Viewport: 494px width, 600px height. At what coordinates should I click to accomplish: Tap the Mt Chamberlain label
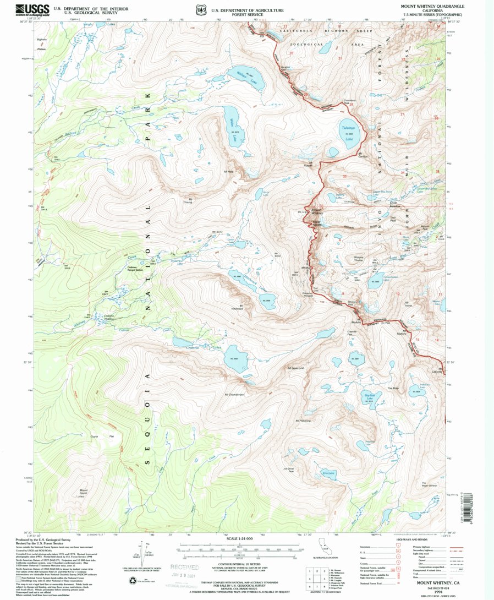click(x=234, y=394)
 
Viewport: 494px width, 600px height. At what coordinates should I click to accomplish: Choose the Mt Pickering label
click(x=304, y=421)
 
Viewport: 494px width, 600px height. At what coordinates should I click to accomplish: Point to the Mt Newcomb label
click(x=295, y=367)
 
